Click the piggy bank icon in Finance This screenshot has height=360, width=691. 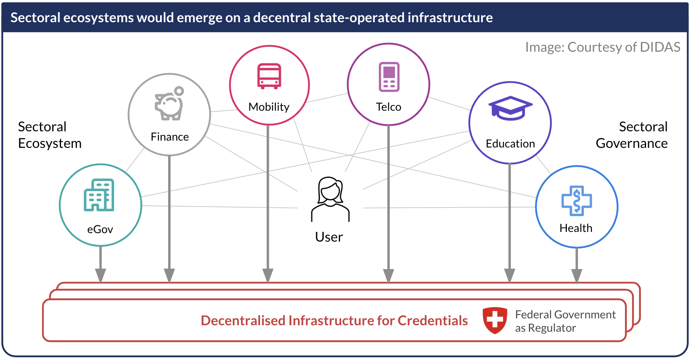tap(169, 104)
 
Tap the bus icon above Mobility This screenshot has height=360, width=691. tap(269, 76)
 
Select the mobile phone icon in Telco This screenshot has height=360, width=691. tap(389, 77)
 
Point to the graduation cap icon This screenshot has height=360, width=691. tap(510, 108)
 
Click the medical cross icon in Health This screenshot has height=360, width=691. tap(577, 201)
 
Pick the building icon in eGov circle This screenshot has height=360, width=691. tap(99, 195)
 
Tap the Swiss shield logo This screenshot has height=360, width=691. tap(495, 320)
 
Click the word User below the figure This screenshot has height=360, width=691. tap(329, 237)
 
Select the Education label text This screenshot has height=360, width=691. tap(510, 144)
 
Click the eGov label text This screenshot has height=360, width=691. tap(100, 229)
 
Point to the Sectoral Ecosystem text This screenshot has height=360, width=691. tap(50, 135)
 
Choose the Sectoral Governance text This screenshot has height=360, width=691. tap(632, 135)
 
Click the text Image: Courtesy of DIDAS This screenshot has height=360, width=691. tap(602, 47)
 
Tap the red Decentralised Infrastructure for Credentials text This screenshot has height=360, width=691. tap(334, 321)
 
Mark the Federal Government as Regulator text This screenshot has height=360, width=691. tap(565, 321)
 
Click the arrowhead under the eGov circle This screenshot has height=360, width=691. tap(101, 276)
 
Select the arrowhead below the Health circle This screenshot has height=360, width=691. tap(577, 276)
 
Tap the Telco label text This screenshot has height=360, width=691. tap(389, 107)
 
